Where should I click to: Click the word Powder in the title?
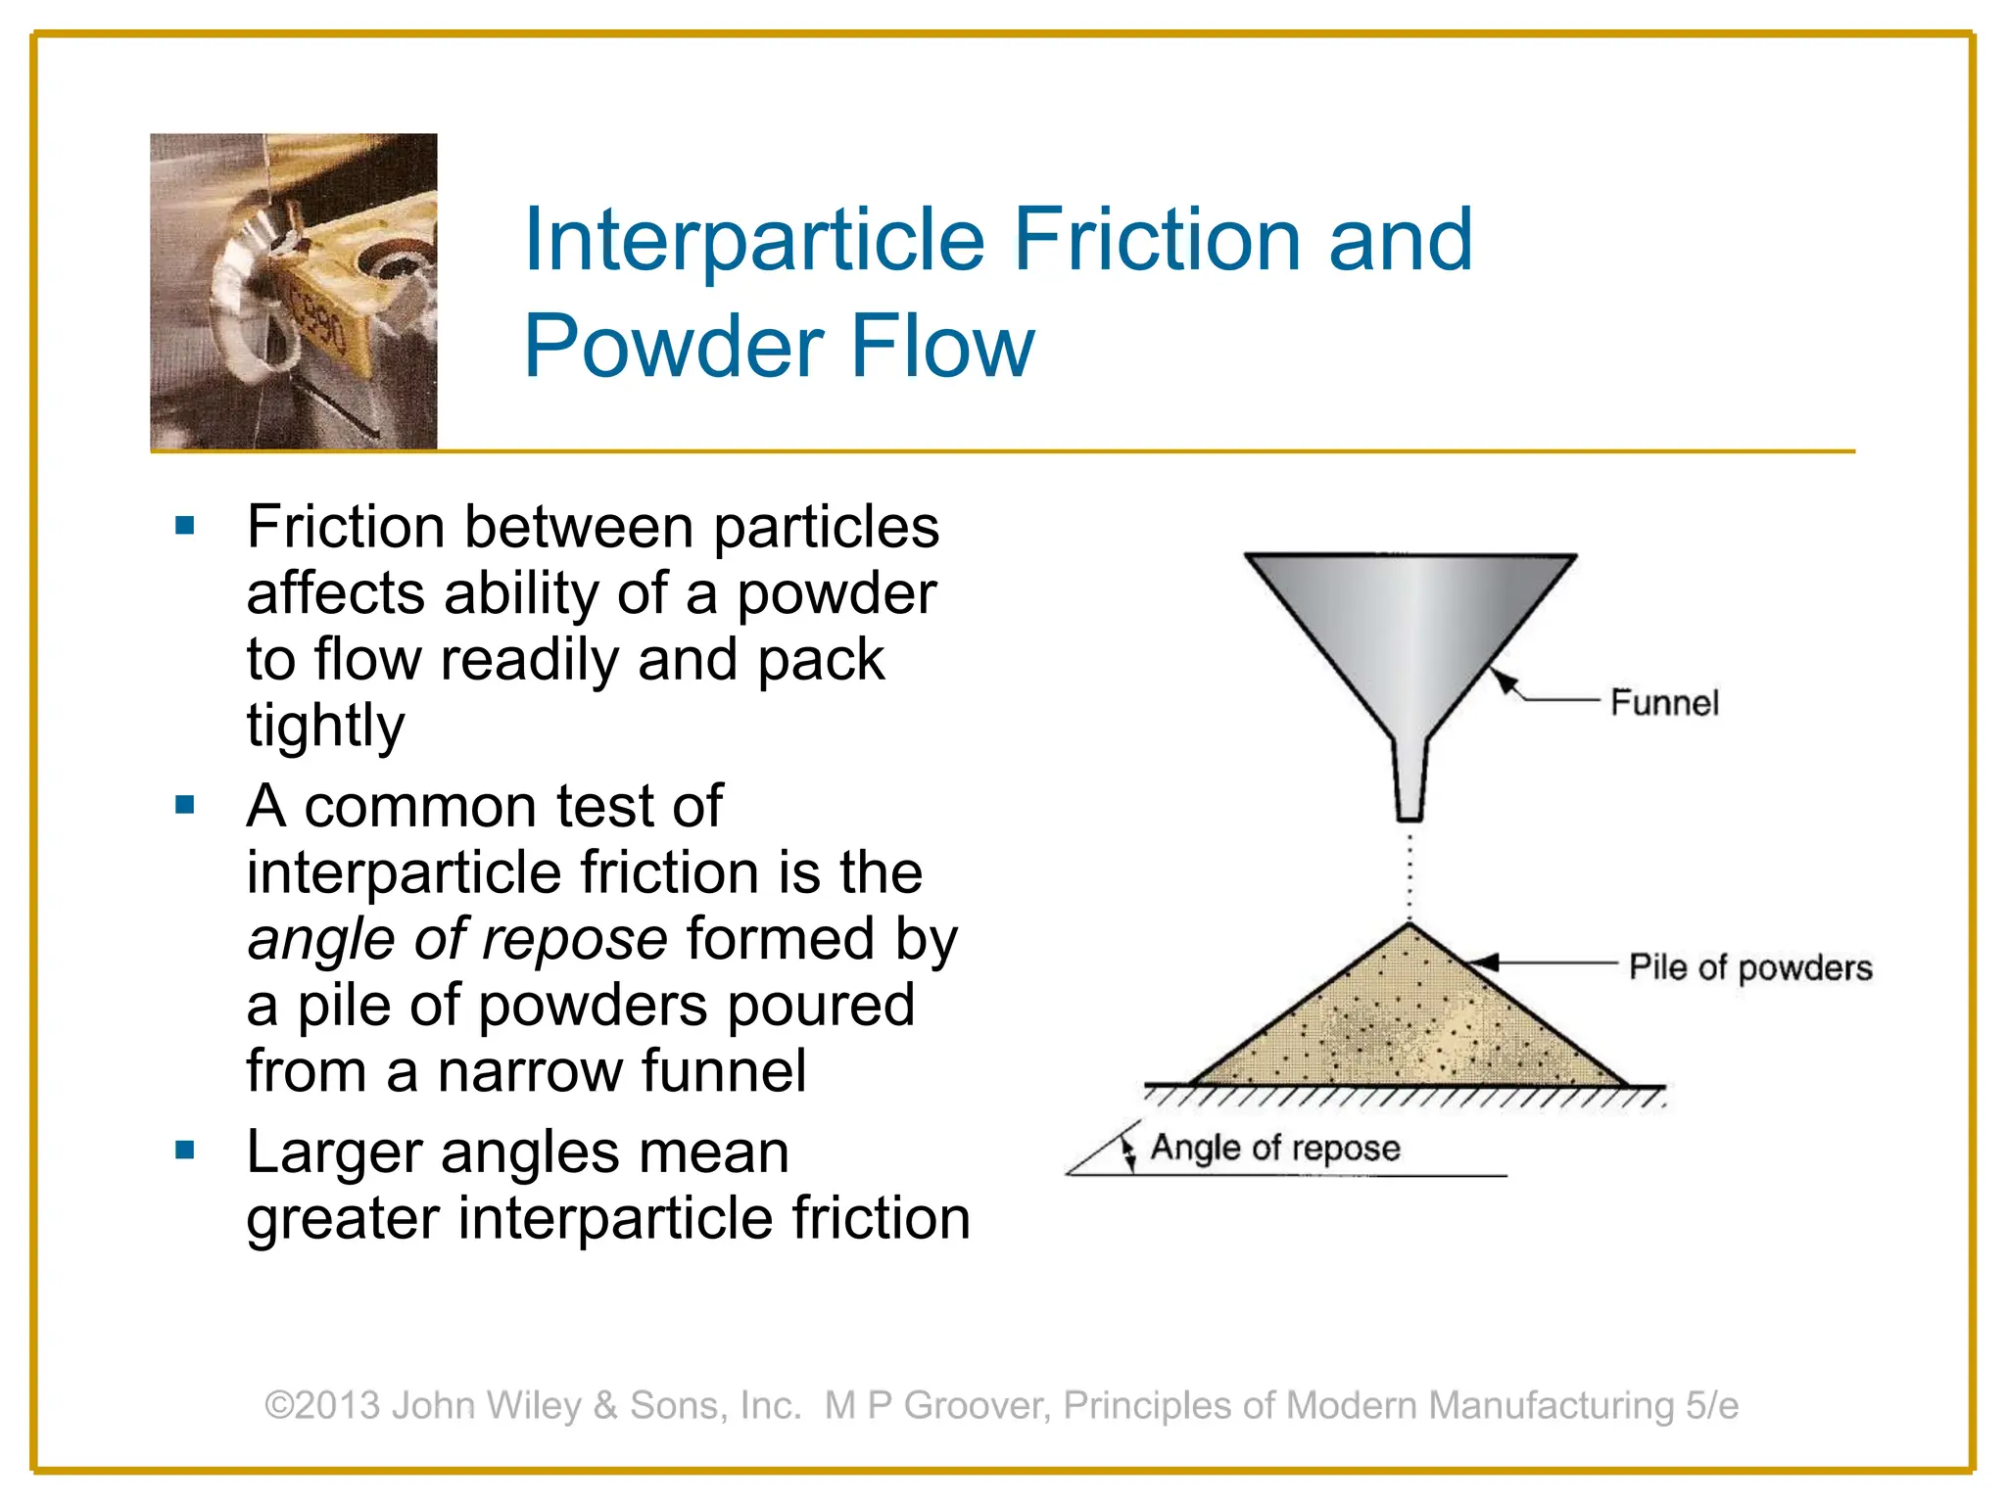[x=675, y=346]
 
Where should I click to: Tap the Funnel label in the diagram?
[x=1664, y=703]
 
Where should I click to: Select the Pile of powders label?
[x=1750, y=967]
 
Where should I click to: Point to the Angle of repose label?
[x=1275, y=1148]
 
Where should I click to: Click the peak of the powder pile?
[x=1409, y=926]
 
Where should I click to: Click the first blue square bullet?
[x=185, y=526]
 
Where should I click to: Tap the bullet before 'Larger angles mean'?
[x=185, y=1150]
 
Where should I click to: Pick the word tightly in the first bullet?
[x=325, y=725]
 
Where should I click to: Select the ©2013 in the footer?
[x=322, y=1405]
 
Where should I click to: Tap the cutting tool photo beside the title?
[x=293, y=292]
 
